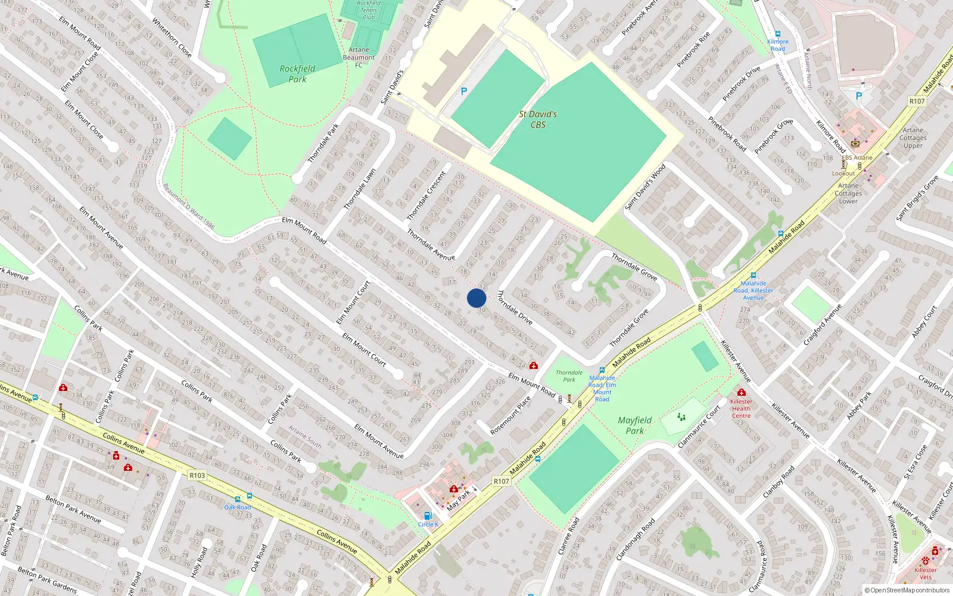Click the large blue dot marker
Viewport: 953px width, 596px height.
click(476, 298)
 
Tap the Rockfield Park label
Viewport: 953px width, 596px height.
click(297, 74)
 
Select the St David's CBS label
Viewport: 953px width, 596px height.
click(538, 119)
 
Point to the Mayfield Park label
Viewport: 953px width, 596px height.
click(635, 426)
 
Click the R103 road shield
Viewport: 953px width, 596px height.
click(197, 475)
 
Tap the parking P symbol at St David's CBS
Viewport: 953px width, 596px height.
click(464, 91)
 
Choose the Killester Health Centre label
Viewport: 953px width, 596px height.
click(741, 408)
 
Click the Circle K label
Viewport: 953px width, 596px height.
click(428, 524)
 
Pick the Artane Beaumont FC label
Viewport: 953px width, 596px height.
click(359, 57)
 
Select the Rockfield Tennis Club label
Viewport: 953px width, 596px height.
click(369, 10)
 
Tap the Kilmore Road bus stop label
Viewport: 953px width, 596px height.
click(778, 45)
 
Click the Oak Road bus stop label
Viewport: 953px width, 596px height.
click(238, 507)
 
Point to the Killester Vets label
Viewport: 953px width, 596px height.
click(926, 573)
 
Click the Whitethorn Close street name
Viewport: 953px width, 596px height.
click(172, 37)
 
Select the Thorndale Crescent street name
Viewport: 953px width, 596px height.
click(426, 195)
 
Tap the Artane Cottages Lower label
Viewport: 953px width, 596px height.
click(849, 193)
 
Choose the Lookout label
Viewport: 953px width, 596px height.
click(843, 173)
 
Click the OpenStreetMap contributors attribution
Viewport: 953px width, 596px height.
click(907, 591)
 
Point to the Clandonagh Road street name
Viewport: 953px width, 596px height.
click(636, 539)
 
